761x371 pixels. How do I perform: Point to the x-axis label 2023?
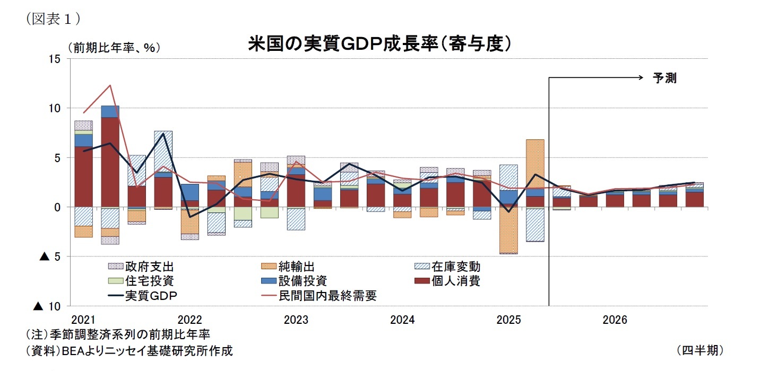[x=296, y=320]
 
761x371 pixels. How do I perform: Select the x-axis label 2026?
[x=615, y=320]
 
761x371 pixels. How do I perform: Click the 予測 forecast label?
[x=664, y=78]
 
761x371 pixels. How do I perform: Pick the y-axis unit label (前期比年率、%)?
[x=114, y=47]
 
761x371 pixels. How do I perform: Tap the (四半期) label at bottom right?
[x=699, y=350]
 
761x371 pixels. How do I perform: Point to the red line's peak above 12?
[x=110, y=85]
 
